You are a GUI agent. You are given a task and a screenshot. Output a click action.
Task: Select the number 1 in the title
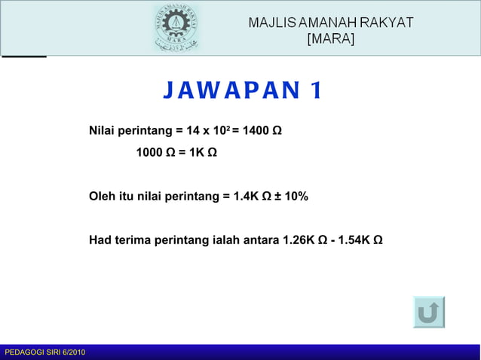[314, 91]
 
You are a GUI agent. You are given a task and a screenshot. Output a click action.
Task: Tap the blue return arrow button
[429, 312]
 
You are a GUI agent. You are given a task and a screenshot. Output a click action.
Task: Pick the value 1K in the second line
[197, 153]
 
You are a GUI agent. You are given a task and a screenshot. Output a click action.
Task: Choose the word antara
[261, 240]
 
